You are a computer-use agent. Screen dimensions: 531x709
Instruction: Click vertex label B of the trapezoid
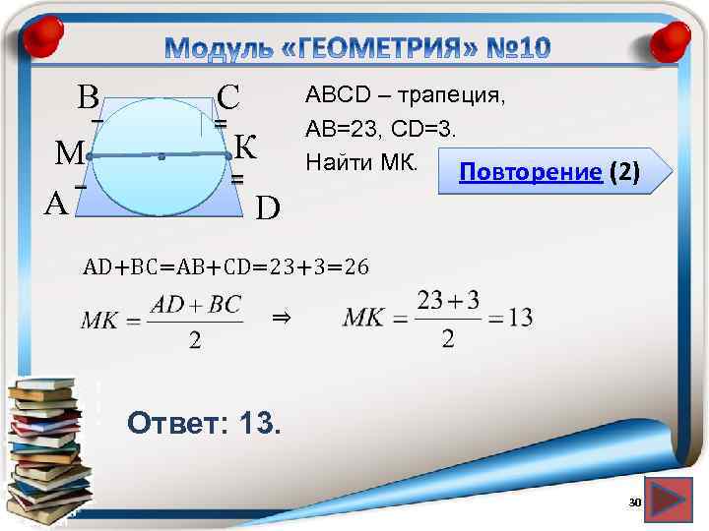88,97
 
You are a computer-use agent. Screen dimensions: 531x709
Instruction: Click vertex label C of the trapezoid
229,97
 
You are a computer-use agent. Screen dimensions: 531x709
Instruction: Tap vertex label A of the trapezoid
57,204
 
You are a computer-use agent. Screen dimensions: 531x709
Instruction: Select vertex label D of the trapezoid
268,207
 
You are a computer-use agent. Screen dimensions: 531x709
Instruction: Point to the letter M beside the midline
69,154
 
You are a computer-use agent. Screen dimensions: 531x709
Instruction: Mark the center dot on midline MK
160,155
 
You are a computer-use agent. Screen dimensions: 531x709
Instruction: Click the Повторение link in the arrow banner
533,174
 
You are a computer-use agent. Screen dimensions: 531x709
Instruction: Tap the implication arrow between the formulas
281,318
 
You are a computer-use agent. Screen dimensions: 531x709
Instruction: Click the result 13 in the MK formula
521,318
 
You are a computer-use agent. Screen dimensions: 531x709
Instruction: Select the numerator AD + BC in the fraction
195,304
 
